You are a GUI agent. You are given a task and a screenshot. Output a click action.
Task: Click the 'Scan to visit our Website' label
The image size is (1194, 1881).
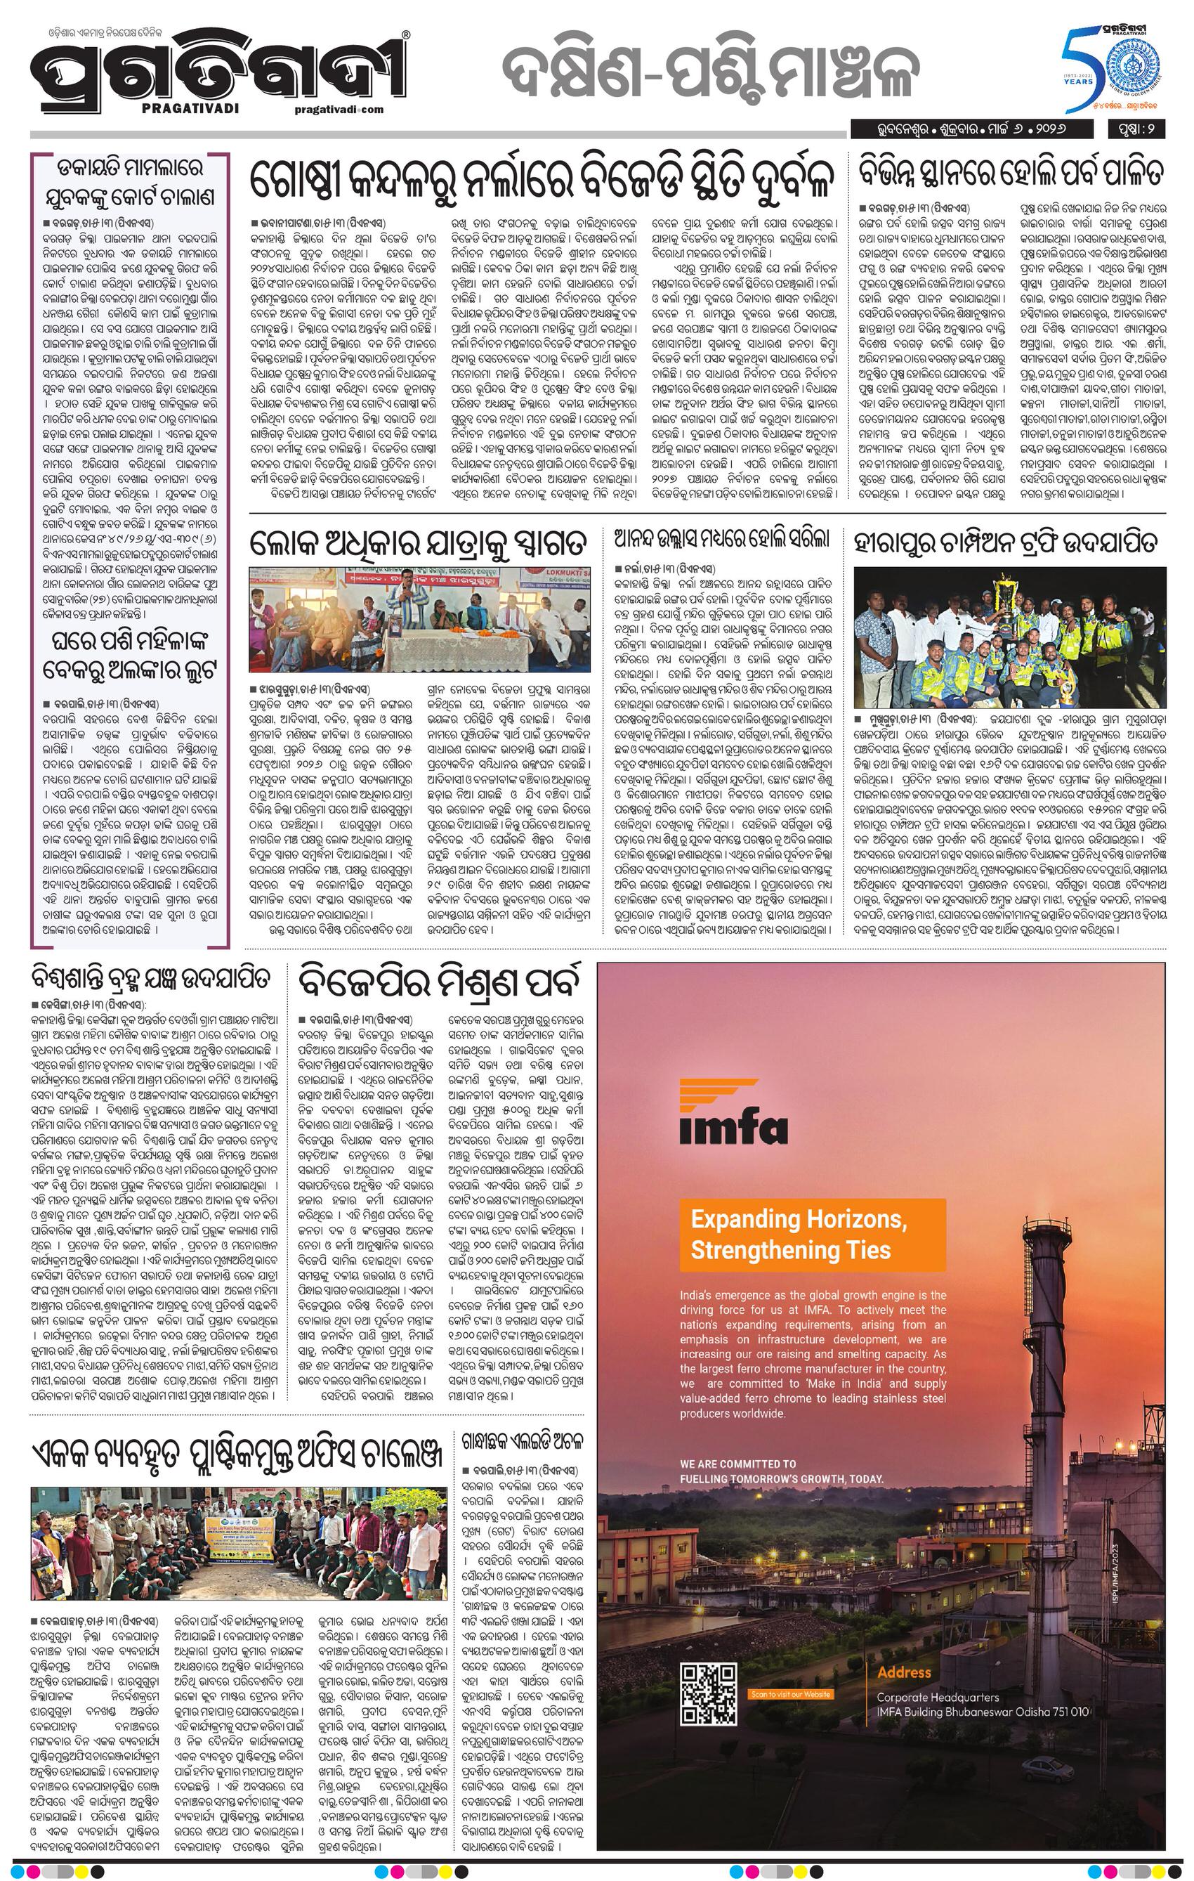(x=789, y=1715)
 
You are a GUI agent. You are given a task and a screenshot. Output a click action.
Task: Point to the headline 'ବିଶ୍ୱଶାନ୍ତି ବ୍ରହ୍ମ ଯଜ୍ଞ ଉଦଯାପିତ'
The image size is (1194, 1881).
(x=152, y=979)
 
